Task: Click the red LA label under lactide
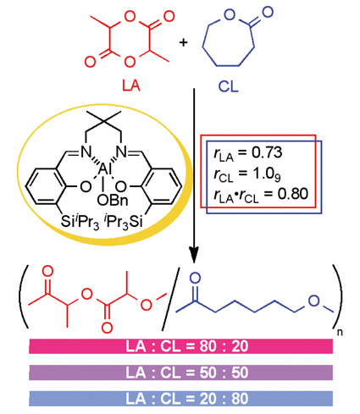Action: coord(131,85)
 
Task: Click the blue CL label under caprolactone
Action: coord(228,86)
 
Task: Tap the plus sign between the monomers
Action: coord(183,42)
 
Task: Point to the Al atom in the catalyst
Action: coord(105,169)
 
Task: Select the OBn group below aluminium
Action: coord(113,200)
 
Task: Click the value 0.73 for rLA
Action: coord(267,152)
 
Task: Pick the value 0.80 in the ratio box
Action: coord(292,194)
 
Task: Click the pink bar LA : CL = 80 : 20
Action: coord(180,346)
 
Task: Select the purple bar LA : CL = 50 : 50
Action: coord(180,373)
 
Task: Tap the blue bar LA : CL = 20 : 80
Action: coord(180,399)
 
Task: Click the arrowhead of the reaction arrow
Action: coord(194,255)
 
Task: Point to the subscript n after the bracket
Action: coord(340,332)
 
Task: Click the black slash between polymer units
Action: coord(170,299)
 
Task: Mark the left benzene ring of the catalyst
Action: coord(44,186)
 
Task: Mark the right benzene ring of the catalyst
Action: coord(163,186)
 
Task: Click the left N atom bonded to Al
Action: coord(86,152)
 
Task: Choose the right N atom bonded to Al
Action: coord(122,152)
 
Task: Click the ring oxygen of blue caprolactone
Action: coord(230,14)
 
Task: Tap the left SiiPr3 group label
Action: coord(80,222)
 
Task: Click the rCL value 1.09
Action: coord(267,174)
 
